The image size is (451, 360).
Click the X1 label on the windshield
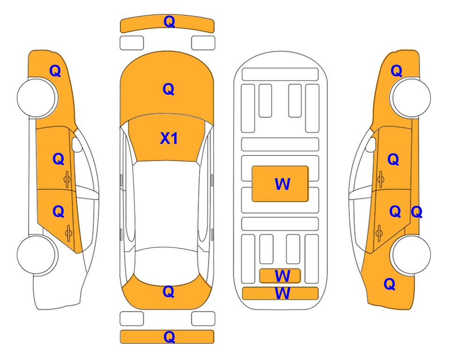tap(169, 138)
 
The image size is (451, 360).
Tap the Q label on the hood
tap(169, 89)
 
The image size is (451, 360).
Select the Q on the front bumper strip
tap(170, 22)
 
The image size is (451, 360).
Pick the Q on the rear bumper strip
tap(170, 337)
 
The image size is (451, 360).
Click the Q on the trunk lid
tap(169, 292)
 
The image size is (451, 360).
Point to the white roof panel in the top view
tap(167, 205)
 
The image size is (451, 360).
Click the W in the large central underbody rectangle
tap(282, 184)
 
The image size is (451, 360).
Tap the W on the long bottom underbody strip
tap(282, 293)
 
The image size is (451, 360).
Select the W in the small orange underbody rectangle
tap(282, 276)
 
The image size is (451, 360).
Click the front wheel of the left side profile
tap(37, 97)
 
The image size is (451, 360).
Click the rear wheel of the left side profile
tap(37, 255)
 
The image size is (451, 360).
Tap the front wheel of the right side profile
tap(410, 97)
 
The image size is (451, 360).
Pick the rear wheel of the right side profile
tap(410, 255)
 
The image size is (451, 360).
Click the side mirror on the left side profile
tap(76, 144)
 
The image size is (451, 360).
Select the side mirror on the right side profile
tap(371, 144)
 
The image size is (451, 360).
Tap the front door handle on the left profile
tap(67, 179)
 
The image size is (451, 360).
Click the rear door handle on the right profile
tap(379, 233)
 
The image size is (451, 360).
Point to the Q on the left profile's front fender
tap(55, 71)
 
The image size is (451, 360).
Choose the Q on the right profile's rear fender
tap(390, 284)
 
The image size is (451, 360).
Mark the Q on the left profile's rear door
tap(59, 212)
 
